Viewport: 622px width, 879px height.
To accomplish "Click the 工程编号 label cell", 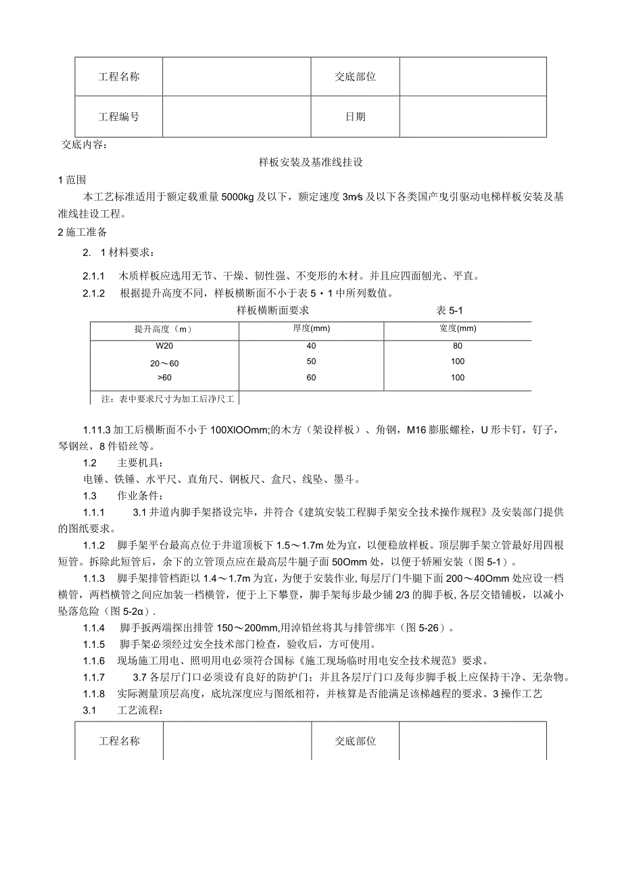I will pyautogui.click(x=119, y=117).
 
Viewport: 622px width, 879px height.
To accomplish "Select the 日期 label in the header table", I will pyautogui.click(x=355, y=117).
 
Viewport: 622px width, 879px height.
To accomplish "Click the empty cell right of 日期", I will pyautogui.click(x=473, y=117).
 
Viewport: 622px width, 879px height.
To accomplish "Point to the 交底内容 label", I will pyautogui.click(x=84, y=145).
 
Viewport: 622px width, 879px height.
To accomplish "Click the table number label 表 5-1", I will pyautogui.click(x=450, y=310).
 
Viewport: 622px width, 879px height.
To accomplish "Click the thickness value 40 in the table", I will pyautogui.click(x=311, y=345).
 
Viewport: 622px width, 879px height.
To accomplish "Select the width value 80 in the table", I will pyautogui.click(x=458, y=345).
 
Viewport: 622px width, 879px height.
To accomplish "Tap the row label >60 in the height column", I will pyautogui.click(x=164, y=378).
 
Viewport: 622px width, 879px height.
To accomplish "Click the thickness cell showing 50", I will pyautogui.click(x=311, y=362).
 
